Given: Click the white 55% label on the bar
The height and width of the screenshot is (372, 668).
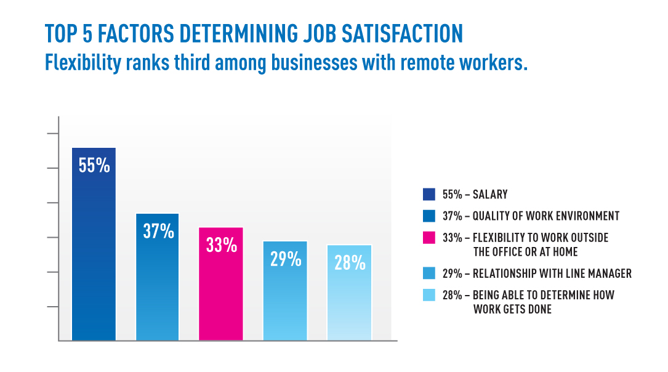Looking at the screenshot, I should pos(94,165).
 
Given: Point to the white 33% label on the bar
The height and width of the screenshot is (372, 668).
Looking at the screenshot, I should pos(221,245).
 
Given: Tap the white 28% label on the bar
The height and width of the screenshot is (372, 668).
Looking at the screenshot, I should pos(350,262).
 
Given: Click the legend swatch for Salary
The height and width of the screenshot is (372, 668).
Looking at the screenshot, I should pos(429,195).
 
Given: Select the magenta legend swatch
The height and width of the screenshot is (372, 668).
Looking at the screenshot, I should pos(429,238).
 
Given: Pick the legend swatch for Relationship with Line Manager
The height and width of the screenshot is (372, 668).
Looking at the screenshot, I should pos(429,273).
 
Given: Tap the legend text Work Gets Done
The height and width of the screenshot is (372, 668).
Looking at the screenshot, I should pos(512,309).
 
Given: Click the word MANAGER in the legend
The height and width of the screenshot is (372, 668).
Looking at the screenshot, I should pos(605,273).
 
